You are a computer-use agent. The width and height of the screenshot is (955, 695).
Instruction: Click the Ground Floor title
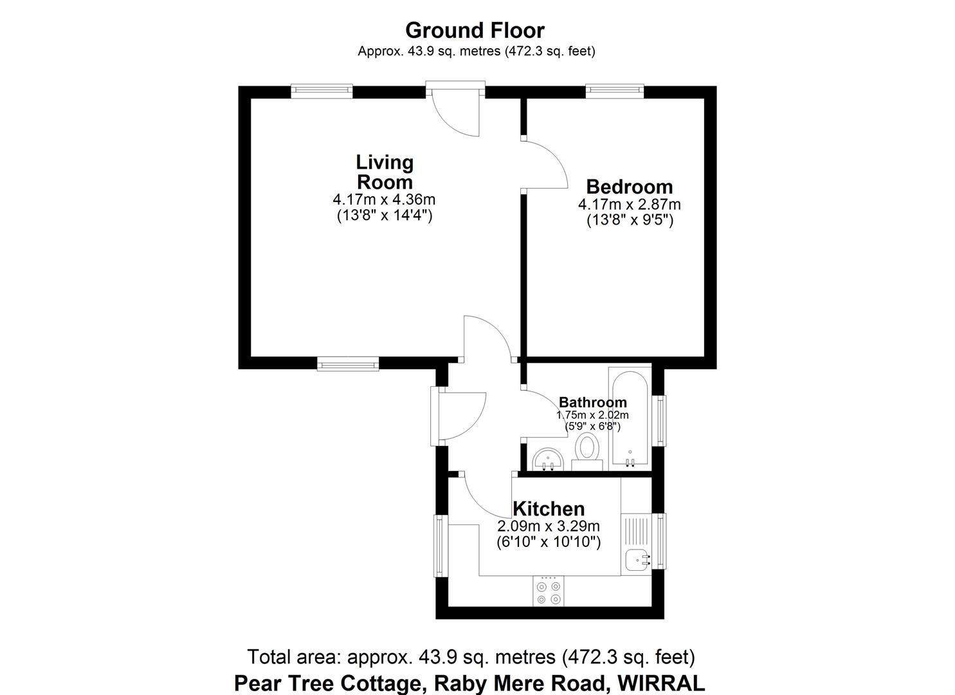coord(475,30)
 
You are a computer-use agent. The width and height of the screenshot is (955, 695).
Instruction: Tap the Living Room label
coord(385,171)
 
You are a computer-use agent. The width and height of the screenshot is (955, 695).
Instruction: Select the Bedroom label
coord(629,187)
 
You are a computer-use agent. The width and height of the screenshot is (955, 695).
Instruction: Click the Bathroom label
coord(592,403)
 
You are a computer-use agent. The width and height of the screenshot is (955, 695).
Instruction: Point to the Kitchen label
coord(548,508)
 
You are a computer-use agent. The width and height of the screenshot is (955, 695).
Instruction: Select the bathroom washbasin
coord(548,459)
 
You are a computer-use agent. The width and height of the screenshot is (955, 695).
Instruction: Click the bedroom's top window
coord(614,91)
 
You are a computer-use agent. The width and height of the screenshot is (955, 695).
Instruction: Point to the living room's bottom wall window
coord(348,365)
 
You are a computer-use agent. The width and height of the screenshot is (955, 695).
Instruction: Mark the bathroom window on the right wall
coord(660,420)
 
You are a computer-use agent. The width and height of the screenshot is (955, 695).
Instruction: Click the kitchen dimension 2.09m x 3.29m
coord(548,526)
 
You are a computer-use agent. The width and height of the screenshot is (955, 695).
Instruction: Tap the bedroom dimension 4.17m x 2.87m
coord(629,205)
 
